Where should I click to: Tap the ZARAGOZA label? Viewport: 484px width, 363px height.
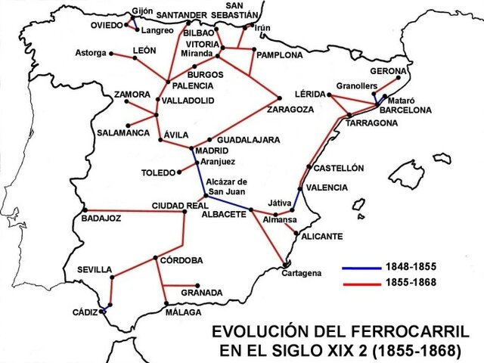tap(290, 110)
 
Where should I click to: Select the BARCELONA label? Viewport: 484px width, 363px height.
tap(405, 110)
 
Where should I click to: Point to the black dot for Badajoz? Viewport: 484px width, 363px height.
tap(85, 210)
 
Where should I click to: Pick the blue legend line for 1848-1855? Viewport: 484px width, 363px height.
tap(361, 268)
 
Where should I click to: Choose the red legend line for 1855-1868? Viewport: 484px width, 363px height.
tap(361, 282)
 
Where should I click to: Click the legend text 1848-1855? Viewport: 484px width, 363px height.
tap(411, 268)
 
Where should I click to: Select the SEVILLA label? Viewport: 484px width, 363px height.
tap(95, 270)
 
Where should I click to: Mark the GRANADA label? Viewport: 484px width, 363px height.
tap(202, 293)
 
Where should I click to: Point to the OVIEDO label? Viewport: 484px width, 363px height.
tap(102, 25)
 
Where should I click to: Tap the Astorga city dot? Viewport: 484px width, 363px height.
tap(112, 53)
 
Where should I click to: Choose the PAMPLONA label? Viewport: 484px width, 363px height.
tap(279, 55)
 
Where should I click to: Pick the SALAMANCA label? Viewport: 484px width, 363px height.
tap(123, 133)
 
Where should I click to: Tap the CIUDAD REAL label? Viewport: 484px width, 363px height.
tap(179, 206)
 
